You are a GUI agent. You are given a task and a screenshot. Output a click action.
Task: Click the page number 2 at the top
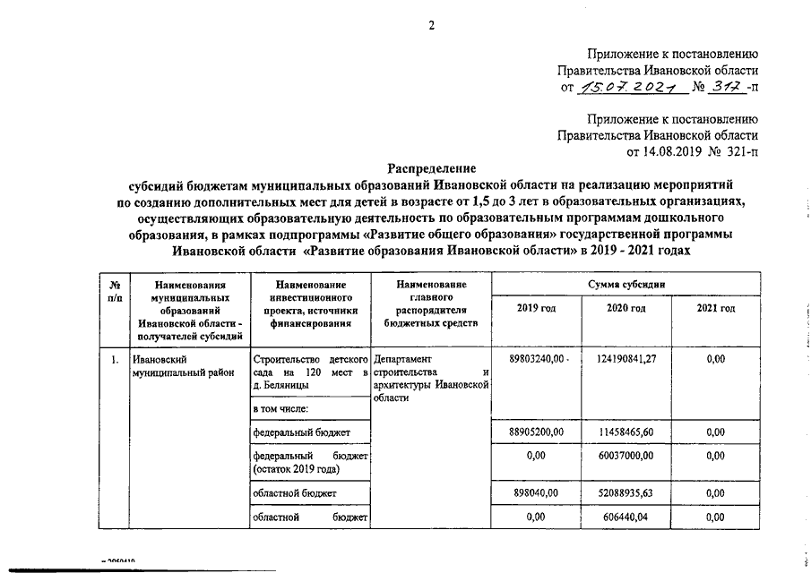[x=430, y=24]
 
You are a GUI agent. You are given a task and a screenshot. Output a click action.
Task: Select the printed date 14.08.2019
[x=669, y=152]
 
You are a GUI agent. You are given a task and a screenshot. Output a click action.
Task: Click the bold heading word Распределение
[x=431, y=168]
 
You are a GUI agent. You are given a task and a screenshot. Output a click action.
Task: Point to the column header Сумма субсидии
[x=626, y=283]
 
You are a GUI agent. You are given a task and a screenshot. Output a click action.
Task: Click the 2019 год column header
[x=537, y=309]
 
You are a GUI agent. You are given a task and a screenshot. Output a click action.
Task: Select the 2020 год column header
[x=626, y=309]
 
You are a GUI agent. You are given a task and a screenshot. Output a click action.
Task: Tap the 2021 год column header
[x=715, y=309]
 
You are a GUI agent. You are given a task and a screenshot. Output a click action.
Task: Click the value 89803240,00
[x=538, y=359]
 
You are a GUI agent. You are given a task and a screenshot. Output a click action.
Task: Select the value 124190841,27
[x=626, y=359]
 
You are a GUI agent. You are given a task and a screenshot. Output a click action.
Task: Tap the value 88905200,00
[x=537, y=432]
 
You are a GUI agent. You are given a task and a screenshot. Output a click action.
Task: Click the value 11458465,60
[x=626, y=432]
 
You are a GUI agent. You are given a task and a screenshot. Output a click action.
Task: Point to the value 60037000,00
[x=626, y=456]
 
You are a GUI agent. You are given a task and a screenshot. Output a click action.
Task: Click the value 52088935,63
[x=626, y=492]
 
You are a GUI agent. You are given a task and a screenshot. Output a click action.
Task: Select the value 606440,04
[x=626, y=517]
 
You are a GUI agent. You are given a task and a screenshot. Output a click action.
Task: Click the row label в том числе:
[x=281, y=409]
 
